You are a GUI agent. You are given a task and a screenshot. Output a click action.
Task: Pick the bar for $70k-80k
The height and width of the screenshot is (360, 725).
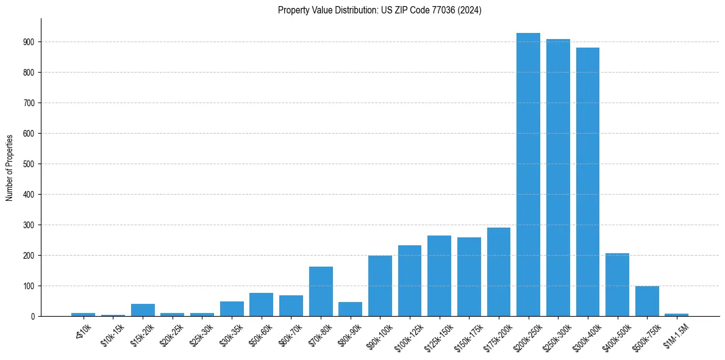tap(321, 292)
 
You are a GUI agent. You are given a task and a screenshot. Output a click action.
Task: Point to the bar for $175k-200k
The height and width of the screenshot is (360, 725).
tap(499, 272)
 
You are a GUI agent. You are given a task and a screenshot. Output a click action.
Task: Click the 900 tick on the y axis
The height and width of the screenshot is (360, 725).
tap(30, 42)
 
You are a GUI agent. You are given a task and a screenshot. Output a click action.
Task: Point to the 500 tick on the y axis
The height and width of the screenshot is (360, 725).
tap(30, 164)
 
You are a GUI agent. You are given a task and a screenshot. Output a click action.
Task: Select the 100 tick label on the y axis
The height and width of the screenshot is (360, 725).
tap(30, 286)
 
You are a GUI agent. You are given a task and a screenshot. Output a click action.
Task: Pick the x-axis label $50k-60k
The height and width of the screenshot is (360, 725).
tap(261, 334)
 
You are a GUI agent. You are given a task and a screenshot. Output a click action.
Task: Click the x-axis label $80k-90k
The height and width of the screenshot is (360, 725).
tap(350, 334)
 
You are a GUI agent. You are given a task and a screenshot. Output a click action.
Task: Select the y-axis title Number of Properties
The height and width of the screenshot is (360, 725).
tap(10, 168)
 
